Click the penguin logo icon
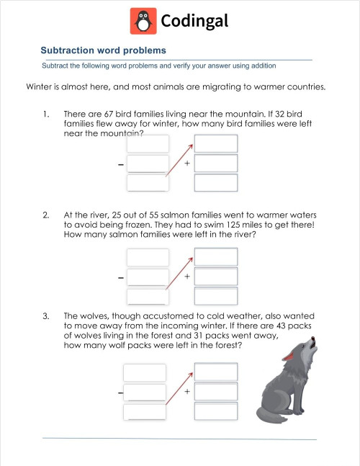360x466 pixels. [x=143, y=21]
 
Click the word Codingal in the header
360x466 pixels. [x=194, y=22]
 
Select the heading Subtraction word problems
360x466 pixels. [x=103, y=50]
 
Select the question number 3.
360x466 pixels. [x=45, y=315]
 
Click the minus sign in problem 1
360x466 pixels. [x=120, y=164]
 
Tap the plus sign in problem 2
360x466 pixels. [x=187, y=277]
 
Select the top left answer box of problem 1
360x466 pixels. [x=148, y=144]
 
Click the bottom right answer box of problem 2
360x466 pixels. [x=216, y=296]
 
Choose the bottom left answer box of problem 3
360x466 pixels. [x=145, y=412]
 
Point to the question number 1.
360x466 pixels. [x=45, y=114]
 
